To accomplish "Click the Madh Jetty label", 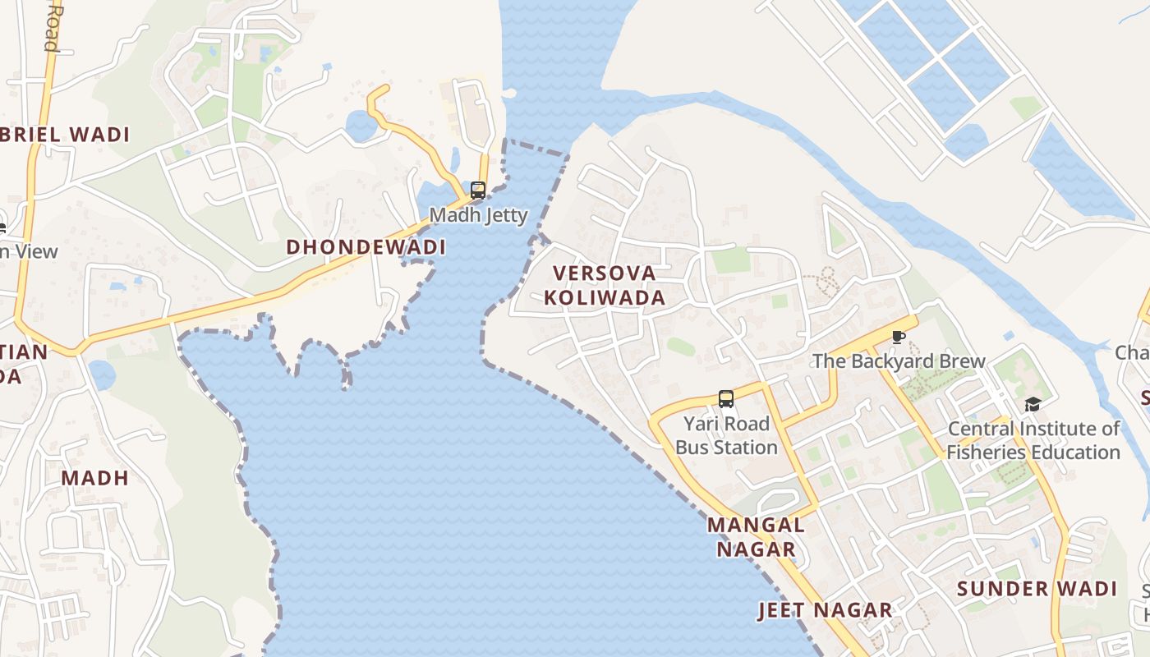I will coord(478,215).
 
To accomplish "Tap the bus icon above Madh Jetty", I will coord(478,191).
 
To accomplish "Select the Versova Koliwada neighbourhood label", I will coord(605,285).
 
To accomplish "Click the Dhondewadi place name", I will coord(366,247).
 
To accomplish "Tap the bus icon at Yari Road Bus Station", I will coord(726,399).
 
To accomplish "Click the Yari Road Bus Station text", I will coord(726,436).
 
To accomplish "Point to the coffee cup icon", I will coord(899,338).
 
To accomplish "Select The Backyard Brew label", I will coord(899,361).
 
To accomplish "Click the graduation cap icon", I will coord(1033,404).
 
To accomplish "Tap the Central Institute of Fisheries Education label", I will coord(1033,440).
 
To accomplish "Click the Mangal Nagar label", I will coord(756,537).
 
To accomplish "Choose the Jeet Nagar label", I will coord(825,610).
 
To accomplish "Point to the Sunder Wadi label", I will coord(1037,589).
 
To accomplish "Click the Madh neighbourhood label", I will coord(95,478).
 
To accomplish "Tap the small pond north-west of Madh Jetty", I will coord(361,126).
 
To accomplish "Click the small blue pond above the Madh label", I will coord(101,375).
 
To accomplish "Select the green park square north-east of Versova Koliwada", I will coord(730,260).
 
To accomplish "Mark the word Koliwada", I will coord(605,297).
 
